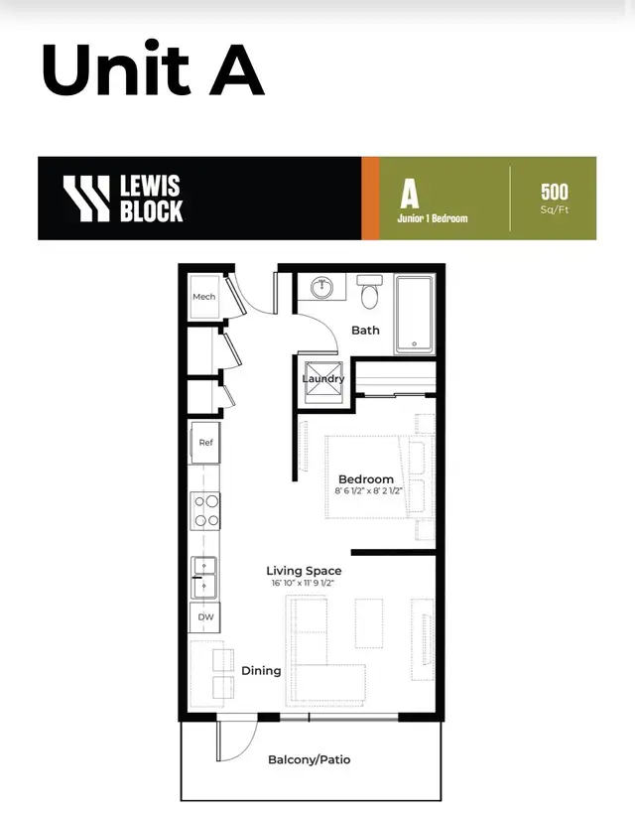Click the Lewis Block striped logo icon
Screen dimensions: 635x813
(x=86, y=199)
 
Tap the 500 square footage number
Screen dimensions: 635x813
(x=554, y=192)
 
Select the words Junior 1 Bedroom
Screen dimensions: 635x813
(x=433, y=218)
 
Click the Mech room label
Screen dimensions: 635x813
(x=203, y=297)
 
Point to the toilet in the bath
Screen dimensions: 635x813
(x=370, y=292)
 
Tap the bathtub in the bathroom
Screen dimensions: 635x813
(x=414, y=315)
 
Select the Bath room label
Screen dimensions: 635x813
(x=365, y=331)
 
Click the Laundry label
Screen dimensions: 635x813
(x=323, y=379)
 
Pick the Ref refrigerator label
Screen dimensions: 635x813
(x=205, y=443)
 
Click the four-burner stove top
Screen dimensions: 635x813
(x=206, y=510)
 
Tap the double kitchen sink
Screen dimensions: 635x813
(x=204, y=578)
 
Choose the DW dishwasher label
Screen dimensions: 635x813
(x=205, y=617)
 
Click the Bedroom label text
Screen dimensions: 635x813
(x=366, y=479)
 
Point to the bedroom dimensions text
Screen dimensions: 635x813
(x=368, y=490)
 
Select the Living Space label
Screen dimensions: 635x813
(x=304, y=571)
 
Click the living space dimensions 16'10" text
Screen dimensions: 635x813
(x=303, y=583)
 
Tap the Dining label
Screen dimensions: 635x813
(x=261, y=671)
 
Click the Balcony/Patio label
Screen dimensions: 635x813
(x=309, y=759)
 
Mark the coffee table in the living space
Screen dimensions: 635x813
(x=369, y=623)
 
